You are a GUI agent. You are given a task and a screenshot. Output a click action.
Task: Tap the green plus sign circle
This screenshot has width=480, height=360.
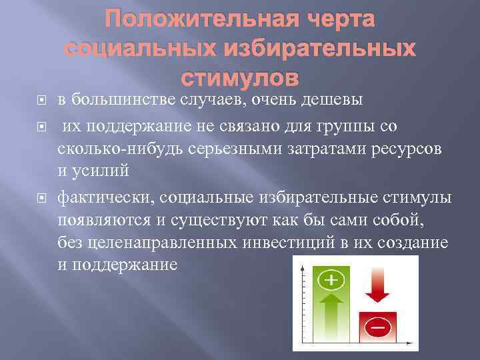tap(331, 281)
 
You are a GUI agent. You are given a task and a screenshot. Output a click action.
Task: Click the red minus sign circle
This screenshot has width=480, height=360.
tap(377, 328)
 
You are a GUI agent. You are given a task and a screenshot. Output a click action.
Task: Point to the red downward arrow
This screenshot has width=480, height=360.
tap(377, 286)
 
